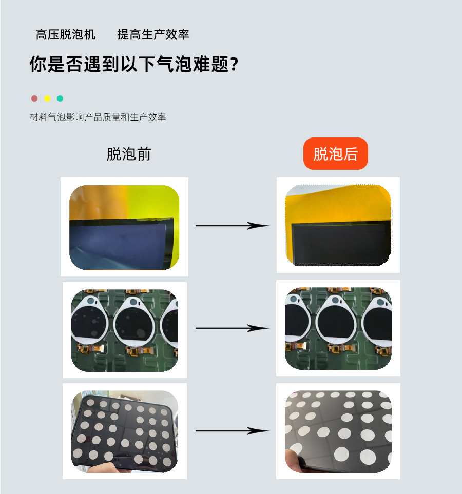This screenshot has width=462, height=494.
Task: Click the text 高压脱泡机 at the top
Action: [x=65, y=35]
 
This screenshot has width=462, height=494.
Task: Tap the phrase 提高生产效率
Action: [x=153, y=35]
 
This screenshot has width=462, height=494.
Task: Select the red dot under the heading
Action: [x=34, y=98]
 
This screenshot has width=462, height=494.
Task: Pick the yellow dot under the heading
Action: [x=47, y=98]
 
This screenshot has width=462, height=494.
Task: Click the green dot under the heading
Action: [x=60, y=98]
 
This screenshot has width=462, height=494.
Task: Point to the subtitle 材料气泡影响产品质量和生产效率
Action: [x=98, y=117]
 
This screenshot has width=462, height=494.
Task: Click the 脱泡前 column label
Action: [x=129, y=154]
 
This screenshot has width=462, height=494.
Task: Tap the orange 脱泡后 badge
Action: [x=336, y=153]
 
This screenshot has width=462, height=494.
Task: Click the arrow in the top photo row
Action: [x=232, y=226]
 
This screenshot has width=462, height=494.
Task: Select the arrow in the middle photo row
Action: [x=232, y=328]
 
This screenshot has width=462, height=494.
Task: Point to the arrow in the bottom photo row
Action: [x=232, y=431]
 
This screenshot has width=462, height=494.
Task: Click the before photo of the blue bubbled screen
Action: [x=124, y=227]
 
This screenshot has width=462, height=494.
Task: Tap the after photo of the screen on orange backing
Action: [x=338, y=225]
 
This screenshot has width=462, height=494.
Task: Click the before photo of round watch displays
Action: [x=125, y=330]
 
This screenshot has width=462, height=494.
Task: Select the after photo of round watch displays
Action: [x=338, y=328]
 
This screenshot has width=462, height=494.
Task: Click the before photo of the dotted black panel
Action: [x=125, y=431]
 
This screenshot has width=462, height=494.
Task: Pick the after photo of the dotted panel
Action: [x=338, y=431]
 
